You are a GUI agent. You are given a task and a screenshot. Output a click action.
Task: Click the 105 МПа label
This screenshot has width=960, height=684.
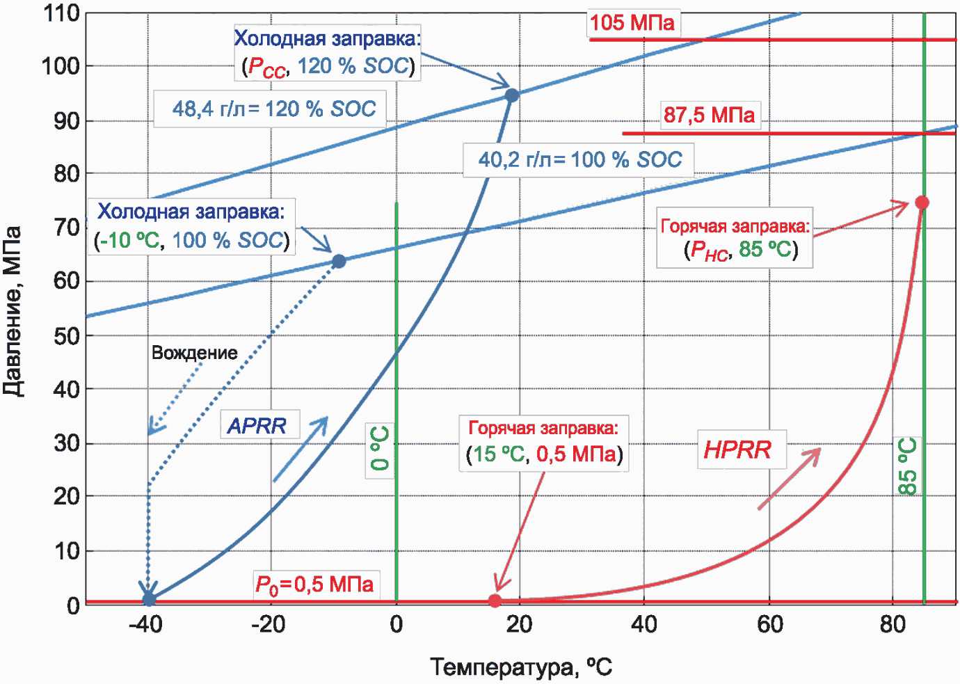(632, 22)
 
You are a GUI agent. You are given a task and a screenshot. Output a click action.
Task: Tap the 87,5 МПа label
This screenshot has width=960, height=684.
(710, 115)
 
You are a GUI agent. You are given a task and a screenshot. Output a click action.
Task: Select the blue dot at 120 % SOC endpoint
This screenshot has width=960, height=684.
(512, 95)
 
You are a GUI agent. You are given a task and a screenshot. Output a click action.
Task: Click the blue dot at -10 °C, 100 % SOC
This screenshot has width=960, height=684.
(339, 261)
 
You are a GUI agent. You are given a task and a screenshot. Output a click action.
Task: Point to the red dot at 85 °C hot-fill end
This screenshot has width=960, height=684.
(922, 202)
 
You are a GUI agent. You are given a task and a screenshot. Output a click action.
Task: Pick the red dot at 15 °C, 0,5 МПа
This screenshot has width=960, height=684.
(495, 601)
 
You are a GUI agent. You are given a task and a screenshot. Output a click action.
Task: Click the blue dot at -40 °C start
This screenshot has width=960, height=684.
(149, 600)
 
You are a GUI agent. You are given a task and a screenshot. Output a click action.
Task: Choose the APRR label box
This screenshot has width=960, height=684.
(259, 424)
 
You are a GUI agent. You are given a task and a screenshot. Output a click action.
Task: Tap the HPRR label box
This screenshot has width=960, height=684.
(742, 449)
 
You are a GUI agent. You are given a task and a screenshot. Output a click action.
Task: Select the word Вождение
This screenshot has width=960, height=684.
(195, 353)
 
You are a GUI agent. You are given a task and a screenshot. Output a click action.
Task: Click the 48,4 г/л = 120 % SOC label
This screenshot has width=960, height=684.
(270, 109)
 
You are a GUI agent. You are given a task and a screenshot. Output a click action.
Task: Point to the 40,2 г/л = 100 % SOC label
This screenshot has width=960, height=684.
(579, 159)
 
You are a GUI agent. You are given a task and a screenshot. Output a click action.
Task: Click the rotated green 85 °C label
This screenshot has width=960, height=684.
(907, 466)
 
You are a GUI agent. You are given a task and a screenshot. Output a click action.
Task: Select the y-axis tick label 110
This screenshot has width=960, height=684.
(62, 14)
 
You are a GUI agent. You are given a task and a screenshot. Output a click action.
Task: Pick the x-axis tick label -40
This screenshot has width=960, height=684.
(146, 624)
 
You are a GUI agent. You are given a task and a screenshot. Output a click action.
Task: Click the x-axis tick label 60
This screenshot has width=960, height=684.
(769, 624)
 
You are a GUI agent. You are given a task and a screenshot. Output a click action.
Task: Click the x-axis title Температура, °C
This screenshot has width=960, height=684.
(521, 667)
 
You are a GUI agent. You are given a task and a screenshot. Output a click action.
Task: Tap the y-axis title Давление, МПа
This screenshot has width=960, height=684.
(12, 311)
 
